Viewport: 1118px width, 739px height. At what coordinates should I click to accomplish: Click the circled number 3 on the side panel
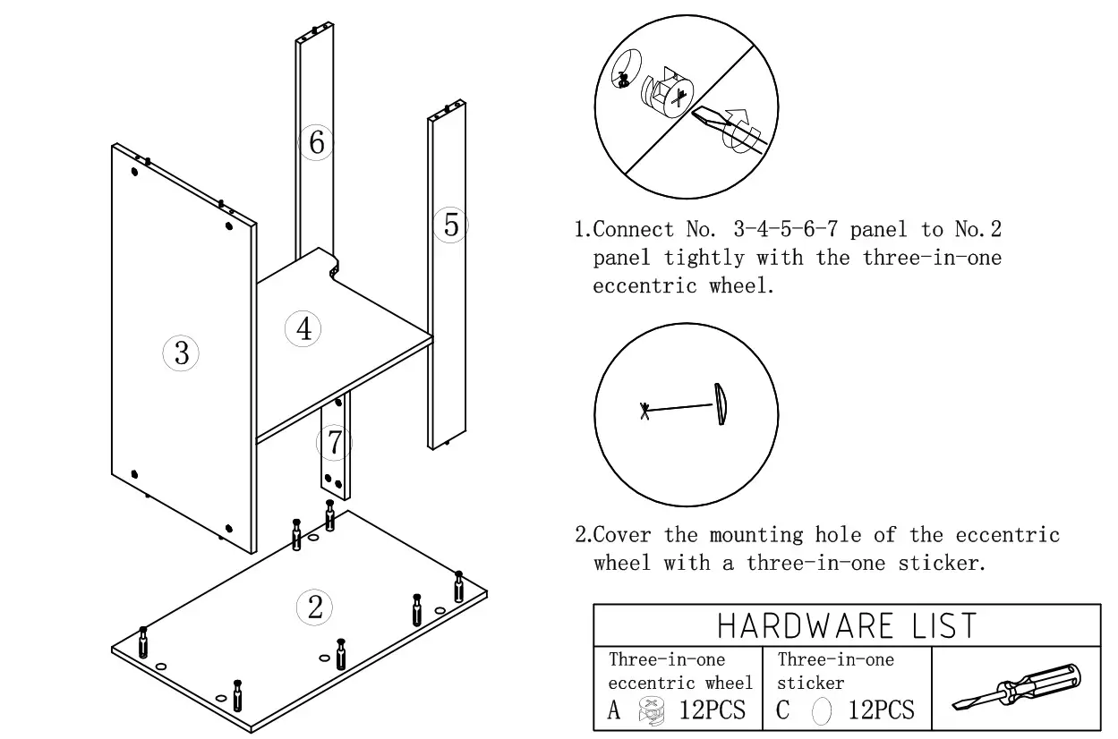pyautogui.click(x=181, y=353)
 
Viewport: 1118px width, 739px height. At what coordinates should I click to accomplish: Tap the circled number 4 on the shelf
pyautogui.click(x=303, y=328)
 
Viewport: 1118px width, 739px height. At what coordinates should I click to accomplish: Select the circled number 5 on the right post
pyautogui.click(x=451, y=225)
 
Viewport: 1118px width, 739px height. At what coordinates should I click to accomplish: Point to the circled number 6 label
pyautogui.click(x=316, y=141)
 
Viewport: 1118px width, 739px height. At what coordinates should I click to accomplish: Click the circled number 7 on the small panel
pyautogui.click(x=334, y=442)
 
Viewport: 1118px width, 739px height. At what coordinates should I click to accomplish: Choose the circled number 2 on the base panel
pyautogui.click(x=314, y=607)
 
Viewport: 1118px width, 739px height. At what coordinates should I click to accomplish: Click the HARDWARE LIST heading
pyautogui.click(x=846, y=625)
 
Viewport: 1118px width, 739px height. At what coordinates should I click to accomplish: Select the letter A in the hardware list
pyautogui.click(x=614, y=711)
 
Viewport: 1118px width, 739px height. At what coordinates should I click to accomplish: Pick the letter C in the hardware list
pyautogui.click(x=783, y=711)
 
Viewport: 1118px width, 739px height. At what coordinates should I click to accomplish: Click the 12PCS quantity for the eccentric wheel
pyautogui.click(x=712, y=711)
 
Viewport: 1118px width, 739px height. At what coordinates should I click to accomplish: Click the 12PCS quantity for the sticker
pyautogui.click(x=881, y=711)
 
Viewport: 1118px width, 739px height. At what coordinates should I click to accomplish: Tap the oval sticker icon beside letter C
pyautogui.click(x=821, y=712)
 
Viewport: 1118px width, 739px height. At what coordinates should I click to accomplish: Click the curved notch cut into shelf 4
pyautogui.click(x=335, y=266)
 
